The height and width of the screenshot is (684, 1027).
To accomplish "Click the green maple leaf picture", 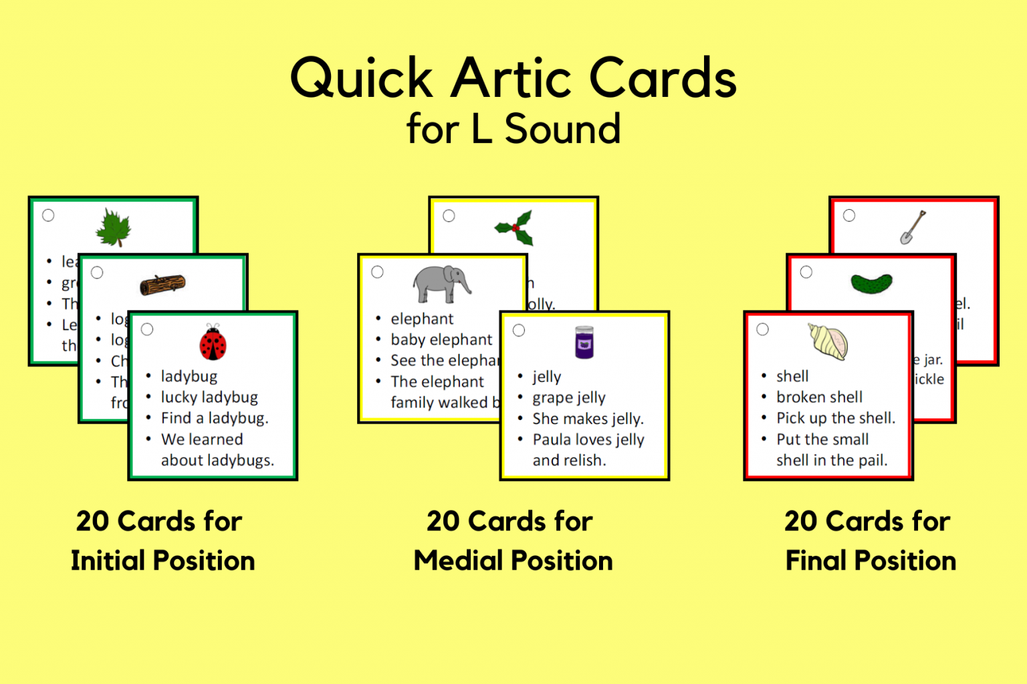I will (x=114, y=228).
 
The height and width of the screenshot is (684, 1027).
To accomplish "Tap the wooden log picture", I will (x=162, y=285).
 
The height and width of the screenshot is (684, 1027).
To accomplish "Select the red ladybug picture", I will (x=213, y=343).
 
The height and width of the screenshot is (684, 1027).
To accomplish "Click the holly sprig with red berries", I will (x=515, y=228).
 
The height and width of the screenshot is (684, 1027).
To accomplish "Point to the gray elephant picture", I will (x=441, y=283).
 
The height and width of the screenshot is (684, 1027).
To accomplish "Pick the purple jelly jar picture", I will (x=584, y=342).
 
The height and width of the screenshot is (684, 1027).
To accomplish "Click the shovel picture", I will (x=913, y=227).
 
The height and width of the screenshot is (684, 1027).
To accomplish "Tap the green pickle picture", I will (x=871, y=283).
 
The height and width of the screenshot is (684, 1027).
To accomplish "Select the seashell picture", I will (x=828, y=342).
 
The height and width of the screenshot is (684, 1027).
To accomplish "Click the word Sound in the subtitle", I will (x=562, y=129).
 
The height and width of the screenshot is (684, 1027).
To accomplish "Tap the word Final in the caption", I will (x=813, y=561).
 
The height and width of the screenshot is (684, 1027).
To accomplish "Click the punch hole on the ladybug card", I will (x=147, y=329).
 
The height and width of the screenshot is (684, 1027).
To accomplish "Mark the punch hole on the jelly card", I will (x=519, y=330).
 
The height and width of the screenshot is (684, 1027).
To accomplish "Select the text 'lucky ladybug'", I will (x=209, y=397).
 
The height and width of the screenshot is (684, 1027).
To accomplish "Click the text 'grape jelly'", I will (x=569, y=398).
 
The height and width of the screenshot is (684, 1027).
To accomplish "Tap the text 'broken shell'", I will (x=819, y=397).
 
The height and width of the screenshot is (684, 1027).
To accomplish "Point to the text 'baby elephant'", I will (x=441, y=340).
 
